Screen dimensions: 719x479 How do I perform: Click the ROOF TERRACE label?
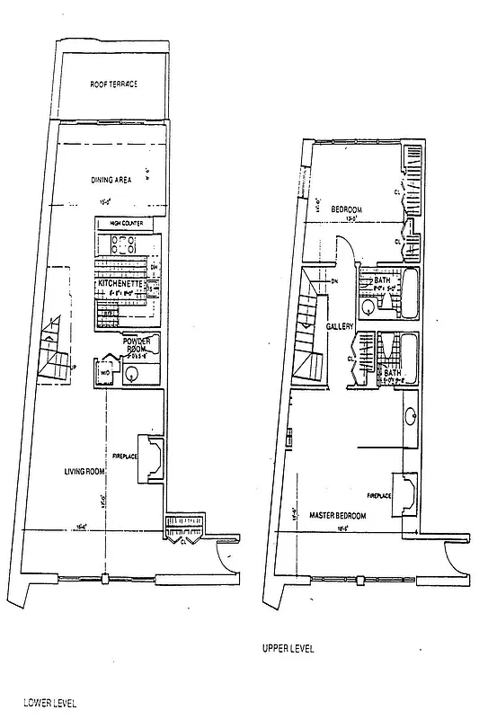(x=113, y=84)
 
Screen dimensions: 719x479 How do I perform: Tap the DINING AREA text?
(x=111, y=180)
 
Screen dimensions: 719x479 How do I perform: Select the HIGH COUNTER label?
(x=126, y=223)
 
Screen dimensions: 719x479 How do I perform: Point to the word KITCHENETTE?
(x=120, y=284)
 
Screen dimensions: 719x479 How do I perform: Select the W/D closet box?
(x=105, y=371)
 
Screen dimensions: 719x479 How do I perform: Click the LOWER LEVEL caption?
(x=49, y=701)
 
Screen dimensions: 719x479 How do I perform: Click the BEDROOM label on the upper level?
(x=346, y=209)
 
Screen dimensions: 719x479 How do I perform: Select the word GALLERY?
(x=340, y=326)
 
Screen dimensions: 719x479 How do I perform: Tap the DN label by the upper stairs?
(x=334, y=282)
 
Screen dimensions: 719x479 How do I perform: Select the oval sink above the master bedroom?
(x=411, y=415)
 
